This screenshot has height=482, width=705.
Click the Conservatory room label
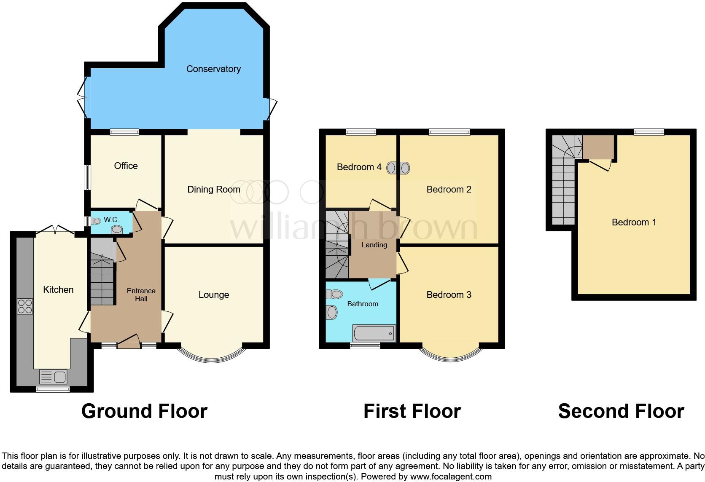pos(213,69)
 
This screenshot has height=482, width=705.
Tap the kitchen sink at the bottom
pos(53,376)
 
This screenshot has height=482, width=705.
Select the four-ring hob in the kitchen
pos(25,306)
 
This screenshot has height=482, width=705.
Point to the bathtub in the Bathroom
pos(374,333)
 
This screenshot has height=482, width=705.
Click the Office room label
pos(126,166)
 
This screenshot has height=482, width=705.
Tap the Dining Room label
pos(213,189)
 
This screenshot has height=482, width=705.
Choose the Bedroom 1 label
pos(633,222)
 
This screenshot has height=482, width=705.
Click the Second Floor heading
pos(621,411)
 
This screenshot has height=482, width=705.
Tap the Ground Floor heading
pos(144,411)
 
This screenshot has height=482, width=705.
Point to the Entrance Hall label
pos(141,295)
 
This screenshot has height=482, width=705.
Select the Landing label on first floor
pos(374,245)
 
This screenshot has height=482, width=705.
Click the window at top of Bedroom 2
pos(449,132)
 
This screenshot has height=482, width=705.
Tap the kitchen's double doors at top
pos(55,230)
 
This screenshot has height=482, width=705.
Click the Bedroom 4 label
pos(359,167)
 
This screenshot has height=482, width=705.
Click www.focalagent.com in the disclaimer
pos(450,477)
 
